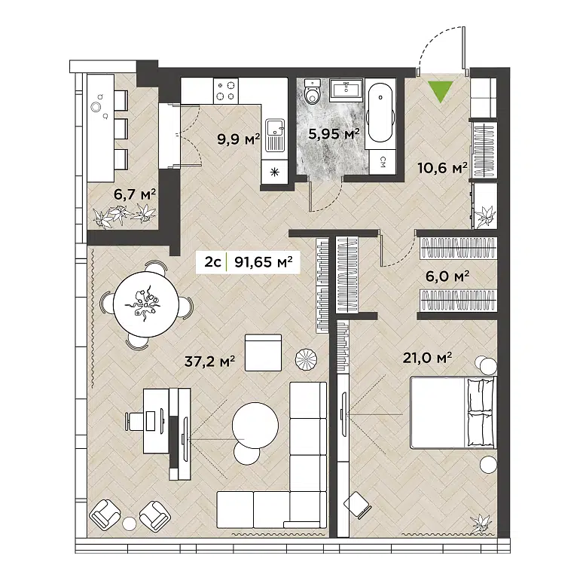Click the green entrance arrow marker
pos(437,91)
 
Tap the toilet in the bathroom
pos(313,93)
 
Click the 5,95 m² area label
pos(334,134)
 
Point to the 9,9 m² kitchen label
pos(238,138)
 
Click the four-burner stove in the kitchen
pos(224,91)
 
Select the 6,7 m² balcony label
pos(135,194)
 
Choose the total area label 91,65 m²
pos(263,262)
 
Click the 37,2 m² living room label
pos(210,362)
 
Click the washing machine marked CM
pos(383,160)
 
